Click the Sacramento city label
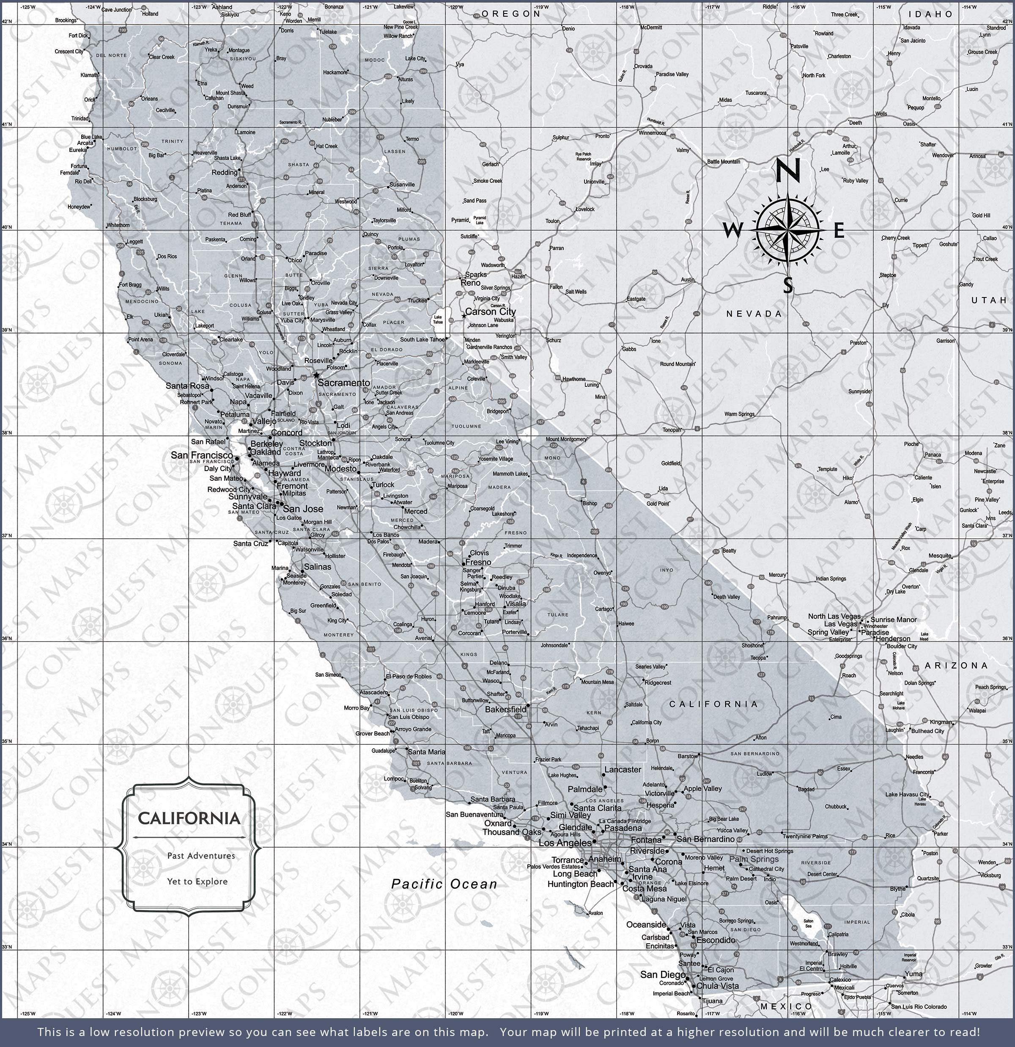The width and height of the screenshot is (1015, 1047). [x=344, y=383]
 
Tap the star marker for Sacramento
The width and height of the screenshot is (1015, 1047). [x=316, y=375]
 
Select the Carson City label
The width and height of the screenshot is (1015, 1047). [x=490, y=311]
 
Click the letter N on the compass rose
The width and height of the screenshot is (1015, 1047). [x=787, y=171]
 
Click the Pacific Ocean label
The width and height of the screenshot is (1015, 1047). [x=444, y=884]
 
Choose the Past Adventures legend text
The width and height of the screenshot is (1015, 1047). [x=201, y=856]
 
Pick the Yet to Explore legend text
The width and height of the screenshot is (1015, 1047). [x=197, y=882]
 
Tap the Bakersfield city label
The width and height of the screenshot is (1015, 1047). [x=505, y=709]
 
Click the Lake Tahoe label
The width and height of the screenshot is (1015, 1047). [x=438, y=320]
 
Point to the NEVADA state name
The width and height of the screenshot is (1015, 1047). [x=754, y=314]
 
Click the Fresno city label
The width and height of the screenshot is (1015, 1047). [x=478, y=562]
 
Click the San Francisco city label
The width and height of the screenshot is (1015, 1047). [x=202, y=455]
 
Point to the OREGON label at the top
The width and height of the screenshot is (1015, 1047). [x=511, y=14]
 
